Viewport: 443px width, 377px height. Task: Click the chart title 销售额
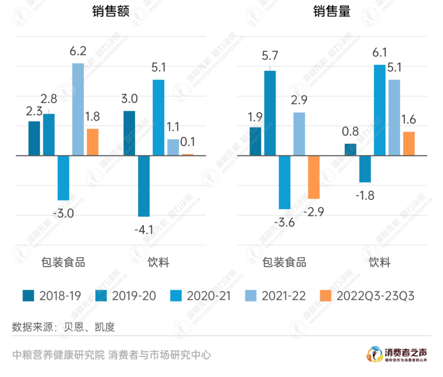pos(110,11)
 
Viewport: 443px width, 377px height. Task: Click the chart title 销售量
pos(332,11)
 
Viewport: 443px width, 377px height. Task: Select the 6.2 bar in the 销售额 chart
pos(78,109)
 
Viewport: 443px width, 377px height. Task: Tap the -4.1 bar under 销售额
pos(144,186)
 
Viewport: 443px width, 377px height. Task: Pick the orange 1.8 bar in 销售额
pos(93,142)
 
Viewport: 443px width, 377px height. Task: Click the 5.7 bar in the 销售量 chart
pos(270,113)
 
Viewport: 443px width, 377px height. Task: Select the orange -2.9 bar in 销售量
pos(314,177)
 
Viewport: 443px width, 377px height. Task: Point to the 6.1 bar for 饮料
pos(380,110)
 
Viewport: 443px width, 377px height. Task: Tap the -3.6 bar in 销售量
pos(285,182)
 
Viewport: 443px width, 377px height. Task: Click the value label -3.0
pos(63,214)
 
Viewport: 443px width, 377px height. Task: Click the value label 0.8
pos(350,132)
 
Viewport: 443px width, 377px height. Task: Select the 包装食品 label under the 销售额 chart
pos(63,262)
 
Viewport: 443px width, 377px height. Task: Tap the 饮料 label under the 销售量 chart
pos(379,262)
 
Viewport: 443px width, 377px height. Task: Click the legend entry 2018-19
pos(52,296)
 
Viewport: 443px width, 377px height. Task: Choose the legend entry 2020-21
pos(200,296)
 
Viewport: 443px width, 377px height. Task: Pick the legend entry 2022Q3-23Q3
pos(366,296)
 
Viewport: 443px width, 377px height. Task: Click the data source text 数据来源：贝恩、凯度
pos(64,327)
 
